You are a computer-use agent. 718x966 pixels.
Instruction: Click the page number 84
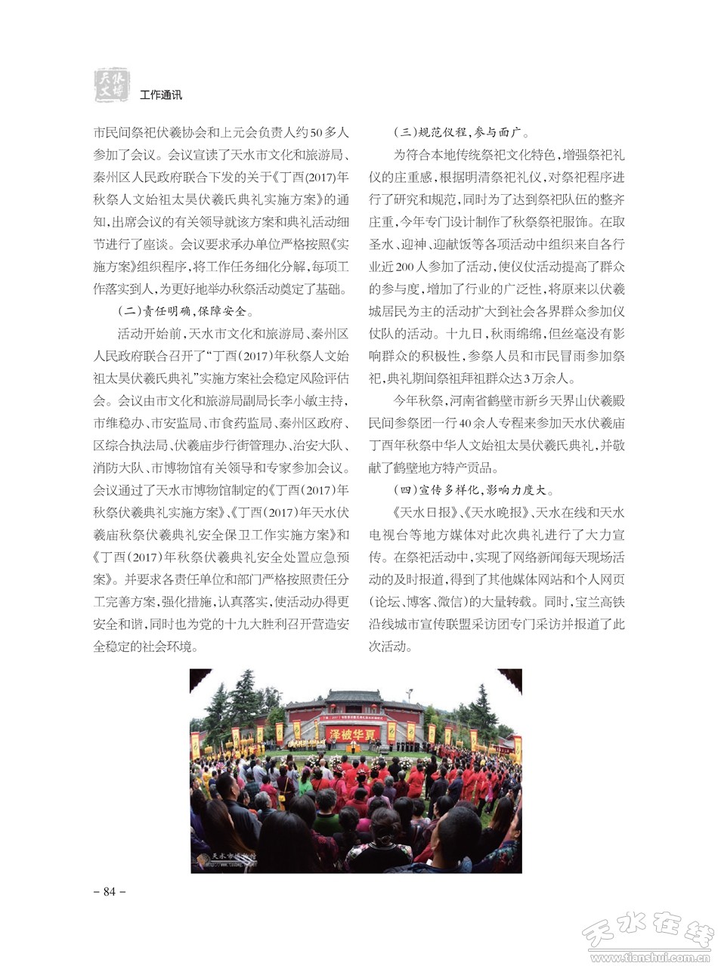[x=109, y=891]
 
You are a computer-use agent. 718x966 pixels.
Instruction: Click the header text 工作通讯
[x=161, y=95]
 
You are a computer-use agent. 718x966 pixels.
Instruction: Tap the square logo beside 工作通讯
[x=111, y=84]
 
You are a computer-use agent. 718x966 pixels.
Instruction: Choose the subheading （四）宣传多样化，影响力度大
[x=477, y=489]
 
